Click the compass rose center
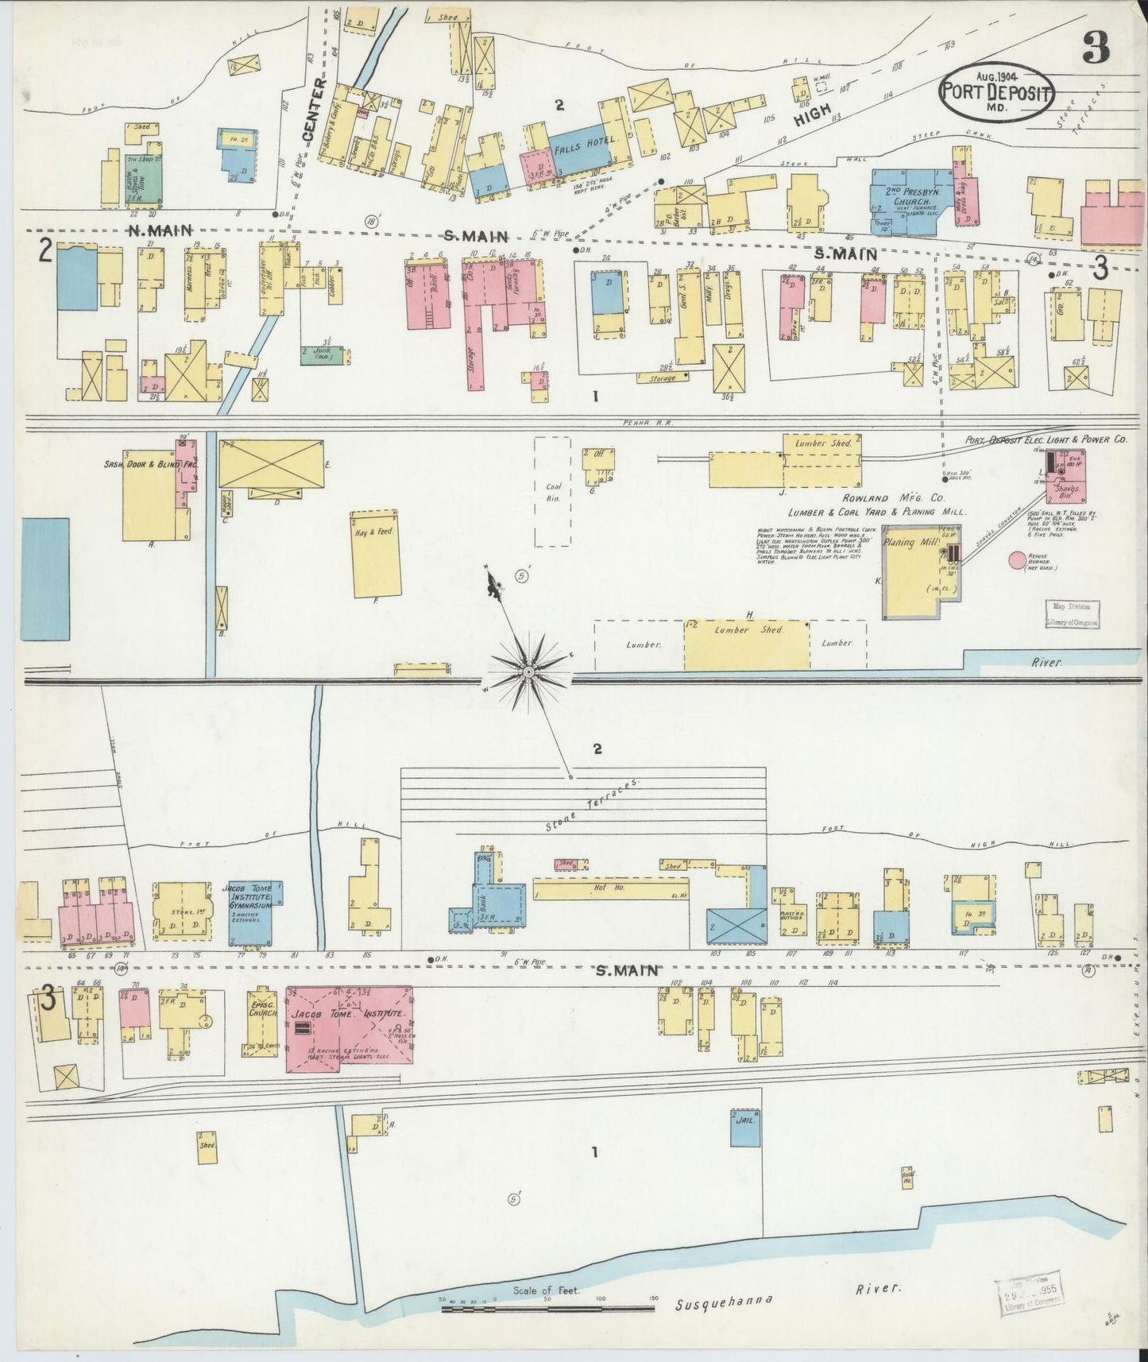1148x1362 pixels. (528, 672)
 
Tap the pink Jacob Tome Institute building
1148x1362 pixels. (348, 1028)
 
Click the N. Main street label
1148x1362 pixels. (160, 230)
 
